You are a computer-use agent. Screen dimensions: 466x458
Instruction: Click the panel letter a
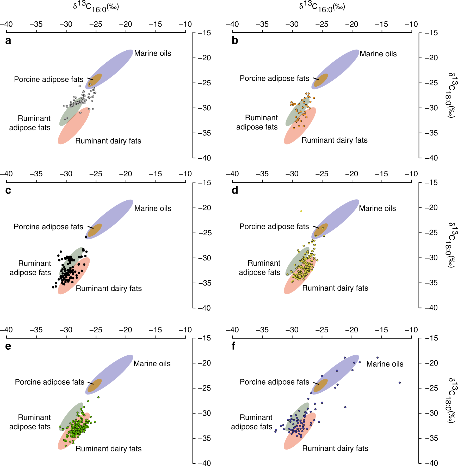(x=8, y=41)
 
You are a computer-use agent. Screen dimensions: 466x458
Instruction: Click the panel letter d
(x=235, y=190)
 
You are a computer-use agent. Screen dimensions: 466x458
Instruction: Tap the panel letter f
(x=233, y=346)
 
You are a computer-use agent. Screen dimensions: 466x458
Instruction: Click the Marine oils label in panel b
(x=378, y=54)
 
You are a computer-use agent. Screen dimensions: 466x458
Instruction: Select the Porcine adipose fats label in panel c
(x=48, y=227)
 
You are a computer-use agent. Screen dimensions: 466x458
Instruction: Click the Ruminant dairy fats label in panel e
(x=108, y=449)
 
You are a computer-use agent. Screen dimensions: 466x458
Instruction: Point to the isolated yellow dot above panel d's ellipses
(x=301, y=211)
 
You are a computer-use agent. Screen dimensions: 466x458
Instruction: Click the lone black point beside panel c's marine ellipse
(x=86, y=237)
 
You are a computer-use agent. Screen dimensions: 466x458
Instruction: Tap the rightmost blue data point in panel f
(x=399, y=383)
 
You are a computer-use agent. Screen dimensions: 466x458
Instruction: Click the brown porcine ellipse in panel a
(x=95, y=80)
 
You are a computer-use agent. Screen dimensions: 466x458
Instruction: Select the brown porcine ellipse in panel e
(x=94, y=385)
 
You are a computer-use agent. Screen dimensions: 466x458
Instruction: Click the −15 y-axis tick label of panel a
(x=205, y=33)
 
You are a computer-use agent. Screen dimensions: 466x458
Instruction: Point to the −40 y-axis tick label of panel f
(x=431, y=463)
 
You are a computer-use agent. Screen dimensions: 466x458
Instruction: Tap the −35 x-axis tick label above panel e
(x=36, y=330)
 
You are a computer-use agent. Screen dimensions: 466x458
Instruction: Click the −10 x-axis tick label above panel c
(x=185, y=174)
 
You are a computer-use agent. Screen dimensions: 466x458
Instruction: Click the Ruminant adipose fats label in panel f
(x=252, y=422)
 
